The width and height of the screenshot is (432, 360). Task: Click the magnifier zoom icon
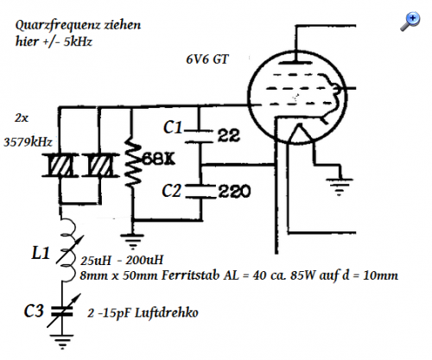coord(410,21)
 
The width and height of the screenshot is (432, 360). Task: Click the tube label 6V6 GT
coord(207,60)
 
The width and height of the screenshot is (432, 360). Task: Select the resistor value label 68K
coord(159,159)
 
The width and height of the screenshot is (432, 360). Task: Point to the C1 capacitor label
coord(173,127)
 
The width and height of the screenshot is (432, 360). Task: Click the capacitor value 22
coord(229,136)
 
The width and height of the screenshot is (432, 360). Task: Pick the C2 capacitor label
coord(172,191)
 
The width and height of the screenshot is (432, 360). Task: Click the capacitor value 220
coord(234,192)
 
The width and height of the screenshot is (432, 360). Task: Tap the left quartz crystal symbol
coord(60,166)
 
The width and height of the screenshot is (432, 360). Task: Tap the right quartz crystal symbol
coord(100,166)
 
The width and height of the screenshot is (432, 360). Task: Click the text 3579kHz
coord(28,142)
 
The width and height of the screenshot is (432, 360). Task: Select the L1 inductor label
coord(41,253)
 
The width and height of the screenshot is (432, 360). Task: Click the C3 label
coord(34,311)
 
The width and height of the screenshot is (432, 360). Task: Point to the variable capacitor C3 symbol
coord(62,311)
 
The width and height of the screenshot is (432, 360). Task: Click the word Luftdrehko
coord(167,313)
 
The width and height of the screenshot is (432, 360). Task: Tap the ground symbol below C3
coord(62,342)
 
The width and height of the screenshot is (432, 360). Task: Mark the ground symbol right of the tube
coord(340,187)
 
